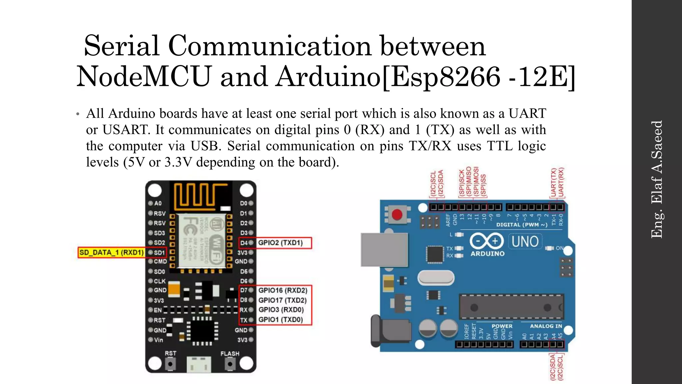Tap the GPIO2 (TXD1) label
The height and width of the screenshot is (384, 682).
coord(280,243)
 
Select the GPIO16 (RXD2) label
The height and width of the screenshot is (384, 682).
coord(283,290)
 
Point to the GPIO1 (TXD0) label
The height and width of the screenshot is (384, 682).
coord(281,320)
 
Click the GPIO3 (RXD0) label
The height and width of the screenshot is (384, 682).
coord(281,310)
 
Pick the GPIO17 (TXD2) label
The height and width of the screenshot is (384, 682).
coord(282,300)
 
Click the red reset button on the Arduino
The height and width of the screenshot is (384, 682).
coord(397,214)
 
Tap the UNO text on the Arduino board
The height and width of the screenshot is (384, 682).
coord(525,241)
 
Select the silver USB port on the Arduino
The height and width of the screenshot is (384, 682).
coord(384,250)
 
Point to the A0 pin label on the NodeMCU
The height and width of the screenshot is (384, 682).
coord(158,203)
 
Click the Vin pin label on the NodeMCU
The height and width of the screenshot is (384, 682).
coord(159,340)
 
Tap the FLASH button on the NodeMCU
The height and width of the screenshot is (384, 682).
coord(230,364)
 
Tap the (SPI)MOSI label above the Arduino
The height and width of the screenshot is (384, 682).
coord(477,181)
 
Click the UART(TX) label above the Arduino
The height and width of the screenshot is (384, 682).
coord(553,182)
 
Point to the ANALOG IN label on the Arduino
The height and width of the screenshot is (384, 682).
coord(546,326)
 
